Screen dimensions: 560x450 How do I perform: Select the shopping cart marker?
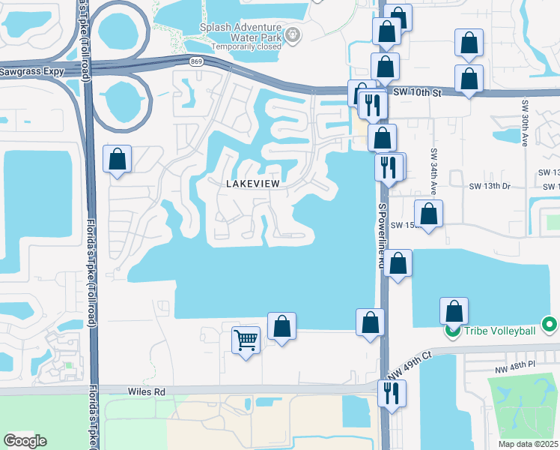pyautogui.click(x=246, y=340)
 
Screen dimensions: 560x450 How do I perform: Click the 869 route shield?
pyautogui.click(x=196, y=61)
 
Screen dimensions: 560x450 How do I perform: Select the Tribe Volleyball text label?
pyautogui.click(x=500, y=331)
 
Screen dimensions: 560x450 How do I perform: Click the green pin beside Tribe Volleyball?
pyautogui.click(x=452, y=330)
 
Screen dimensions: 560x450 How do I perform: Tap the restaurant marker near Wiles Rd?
pyautogui.click(x=391, y=391)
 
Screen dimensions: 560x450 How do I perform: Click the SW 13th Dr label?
pyautogui.click(x=488, y=185)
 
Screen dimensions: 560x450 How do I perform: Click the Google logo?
pyautogui.click(x=25, y=441)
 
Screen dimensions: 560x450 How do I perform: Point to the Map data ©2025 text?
pyautogui.click(x=528, y=444)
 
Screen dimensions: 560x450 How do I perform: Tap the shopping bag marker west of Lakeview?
pyautogui.click(x=117, y=158)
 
